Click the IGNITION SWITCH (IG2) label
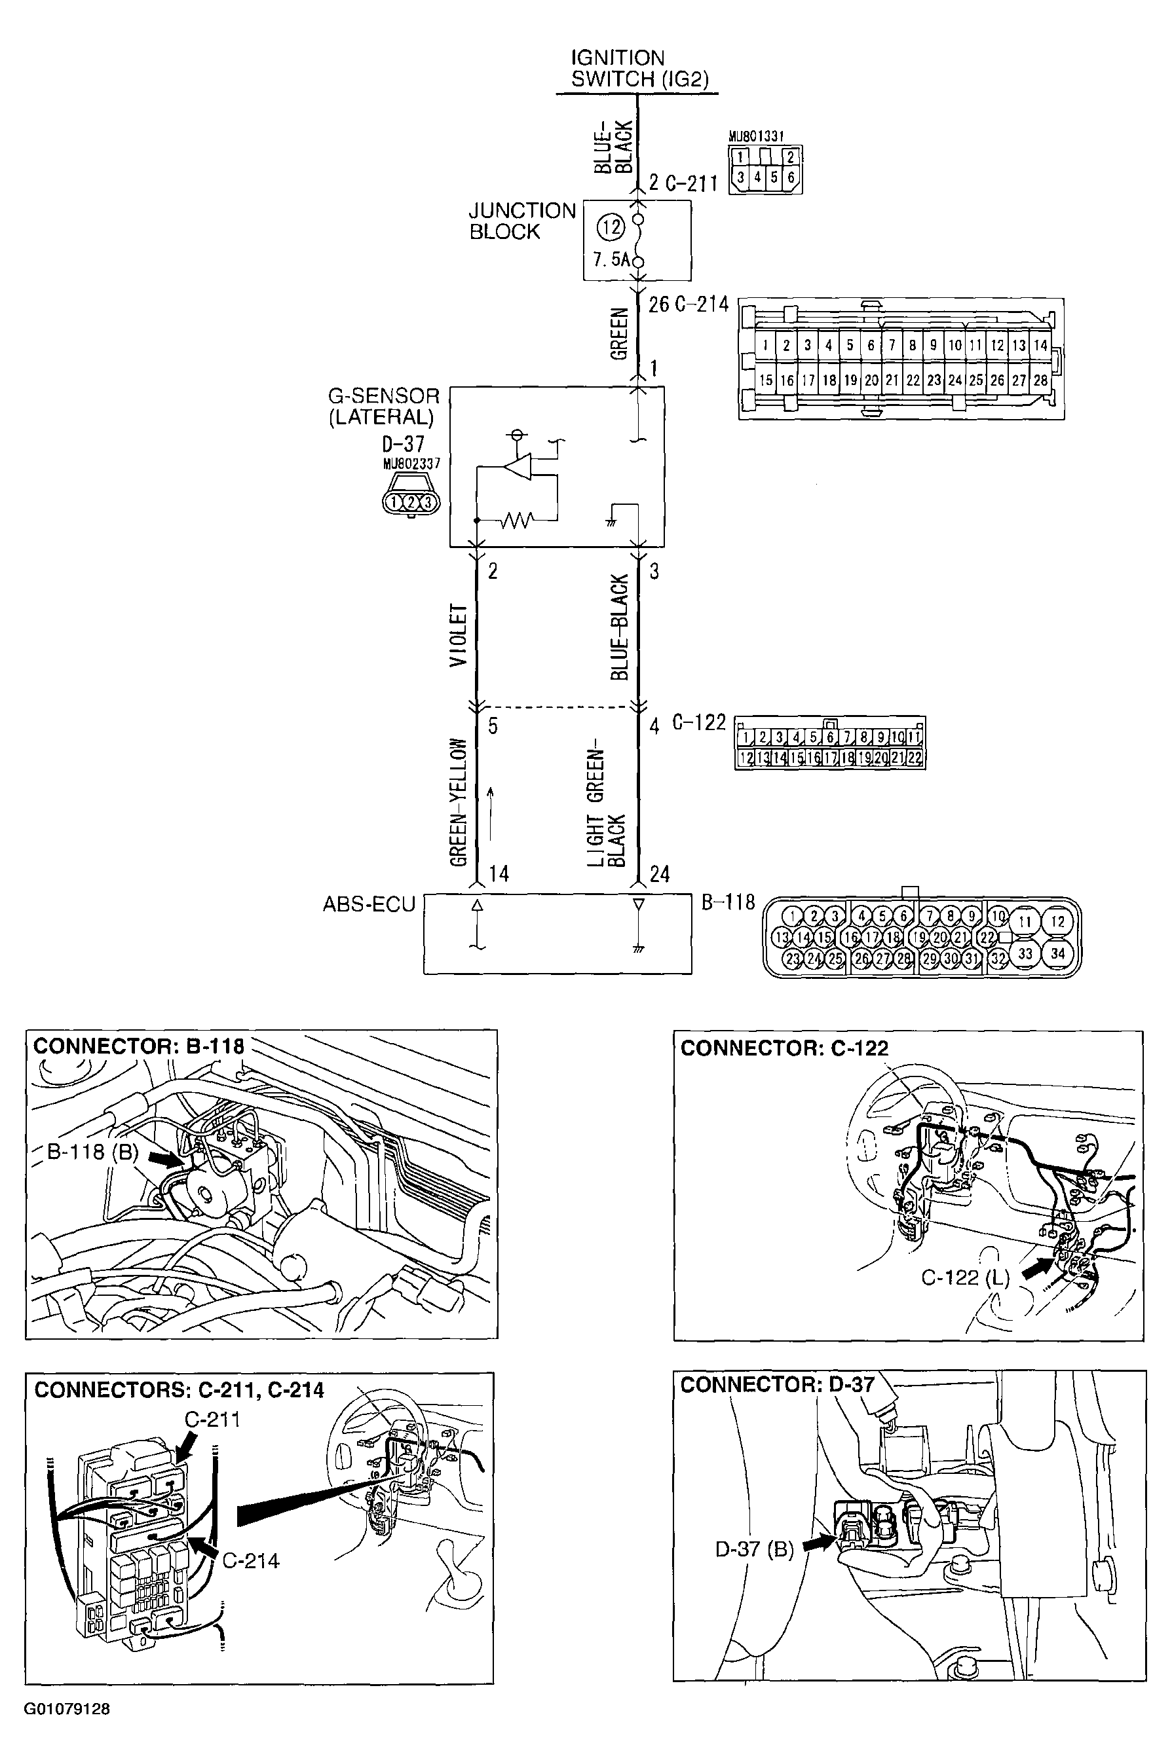coord(639,69)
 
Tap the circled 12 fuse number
coord(611,227)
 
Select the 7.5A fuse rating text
coord(611,260)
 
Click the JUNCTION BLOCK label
coord(521,221)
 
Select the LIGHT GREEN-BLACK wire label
coord(605,807)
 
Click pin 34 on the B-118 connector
coord(1057,953)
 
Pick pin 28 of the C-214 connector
coord(1040,380)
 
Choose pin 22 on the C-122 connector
coord(915,758)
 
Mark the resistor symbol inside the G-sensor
coord(516,519)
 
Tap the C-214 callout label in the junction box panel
coord(250,1561)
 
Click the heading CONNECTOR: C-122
coord(784,1048)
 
